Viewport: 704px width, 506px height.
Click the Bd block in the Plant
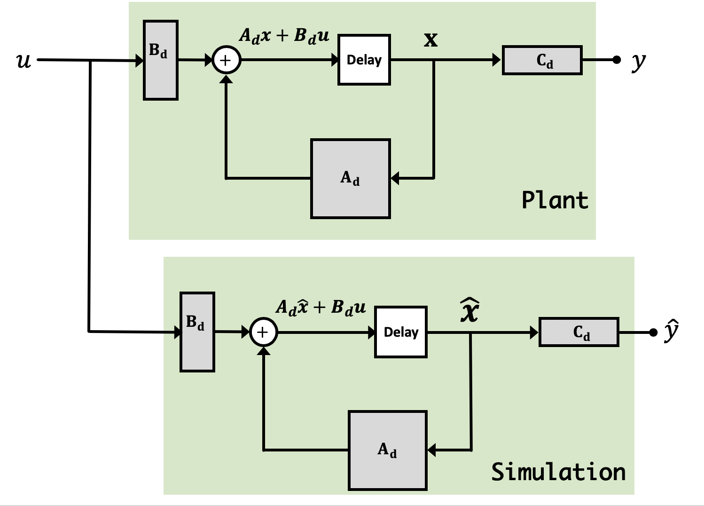(x=160, y=60)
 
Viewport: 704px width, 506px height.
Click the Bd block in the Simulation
(x=197, y=332)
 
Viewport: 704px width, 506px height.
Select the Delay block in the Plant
(x=364, y=60)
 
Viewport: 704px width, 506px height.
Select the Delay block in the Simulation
(x=401, y=332)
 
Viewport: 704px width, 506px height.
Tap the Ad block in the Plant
(x=351, y=179)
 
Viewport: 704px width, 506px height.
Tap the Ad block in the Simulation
(x=388, y=451)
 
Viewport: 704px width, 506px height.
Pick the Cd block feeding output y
(x=542, y=60)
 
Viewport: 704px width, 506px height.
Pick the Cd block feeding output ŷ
(x=579, y=332)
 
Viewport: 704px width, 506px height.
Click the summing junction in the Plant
(x=227, y=60)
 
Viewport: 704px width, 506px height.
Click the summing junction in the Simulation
(x=264, y=332)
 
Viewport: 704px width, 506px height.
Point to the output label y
(x=638, y=61)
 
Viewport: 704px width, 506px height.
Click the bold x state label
(x=430, y=40)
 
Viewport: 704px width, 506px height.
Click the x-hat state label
(x=469, y=311)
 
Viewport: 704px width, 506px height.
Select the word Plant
(x=555, y=200)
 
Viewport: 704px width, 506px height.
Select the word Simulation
(x=558, y=472)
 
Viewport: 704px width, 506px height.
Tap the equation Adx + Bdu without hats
(x=284, y=36)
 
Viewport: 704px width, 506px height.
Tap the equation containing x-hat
(x=321, y=307)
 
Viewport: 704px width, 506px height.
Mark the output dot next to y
(x=617, y=60)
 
